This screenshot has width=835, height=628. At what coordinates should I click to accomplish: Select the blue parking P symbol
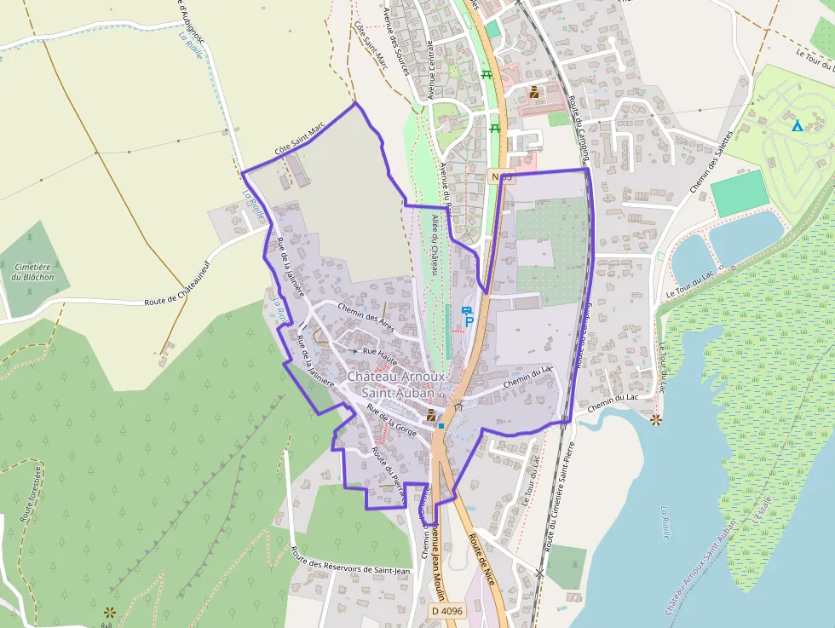(x=468, y=323)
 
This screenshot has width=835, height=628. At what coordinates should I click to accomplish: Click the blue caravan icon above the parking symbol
(x=465, y=310)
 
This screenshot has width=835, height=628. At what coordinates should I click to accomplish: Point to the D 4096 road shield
(x=446, y=611)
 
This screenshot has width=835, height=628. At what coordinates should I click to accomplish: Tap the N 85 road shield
(x=501, y=176)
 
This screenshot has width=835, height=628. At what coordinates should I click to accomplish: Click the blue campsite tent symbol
(x=797, y=126)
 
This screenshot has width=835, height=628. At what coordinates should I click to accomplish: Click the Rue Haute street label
(x=381, y=351)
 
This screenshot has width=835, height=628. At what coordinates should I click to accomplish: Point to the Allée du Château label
(x=434, y=245)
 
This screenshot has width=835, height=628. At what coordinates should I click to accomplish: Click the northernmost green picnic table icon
(x=487, y=75)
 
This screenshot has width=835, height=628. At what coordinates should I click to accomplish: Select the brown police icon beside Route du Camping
(x=533, y=91)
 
